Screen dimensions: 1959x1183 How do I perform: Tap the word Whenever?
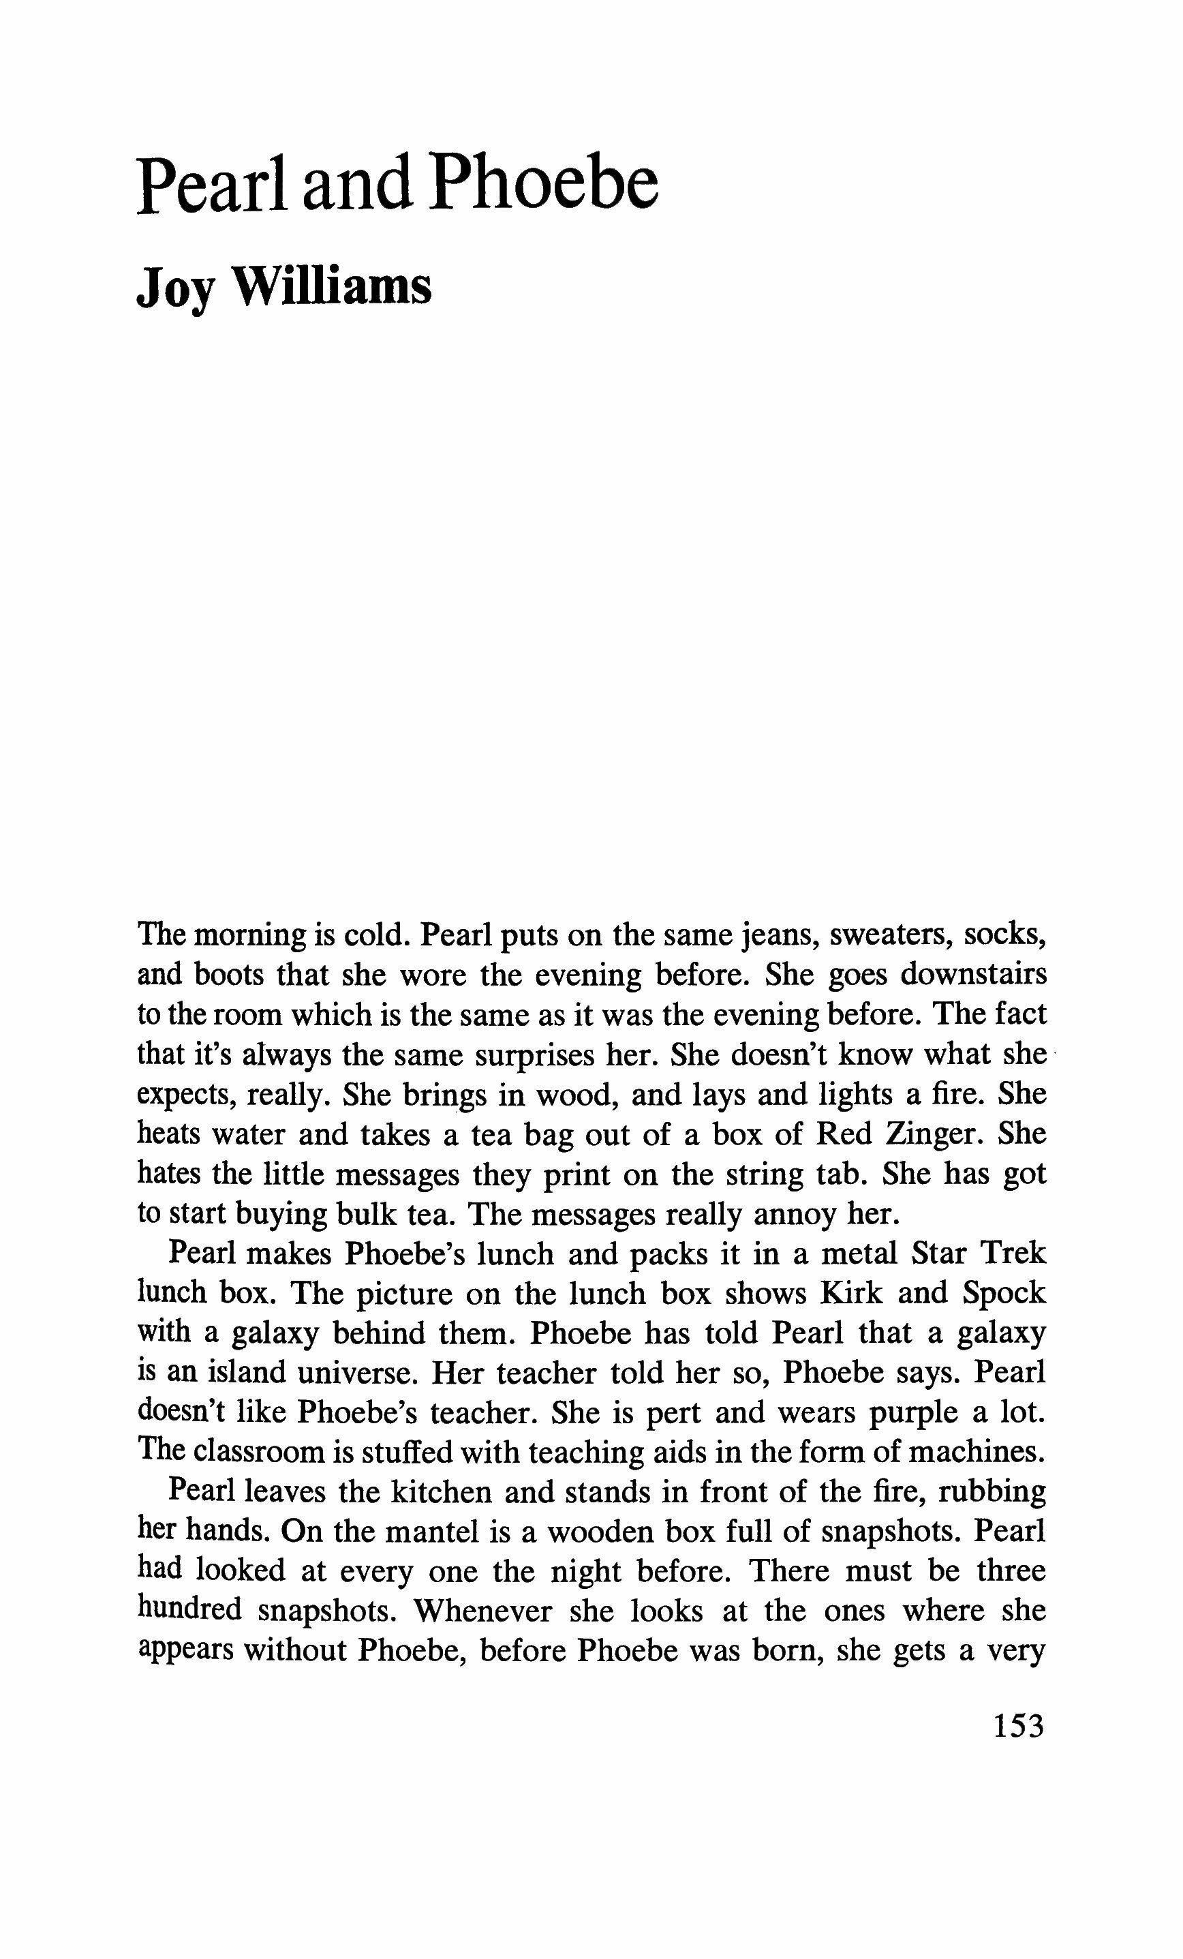coord(483,1611)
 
